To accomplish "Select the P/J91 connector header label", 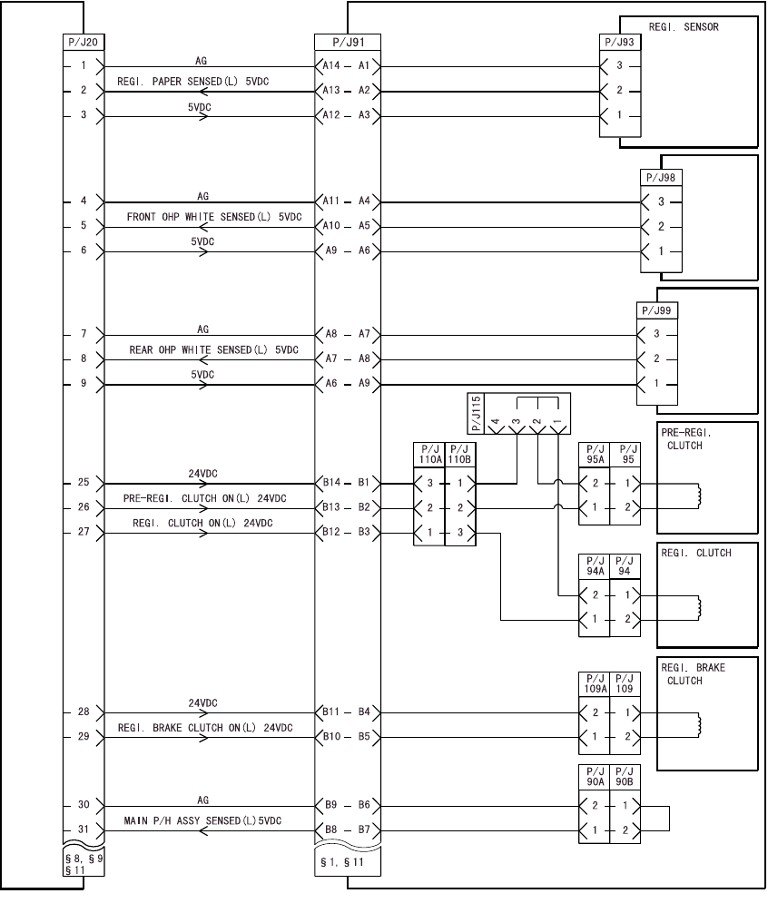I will pyautogui.click(x=347, y=42).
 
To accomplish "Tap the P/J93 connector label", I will pyautogui.click(x=620, y=42).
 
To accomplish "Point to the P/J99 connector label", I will pyautogui.click(x=657, y=310).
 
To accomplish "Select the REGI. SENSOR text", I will pyautogui.click(x=684, y=27).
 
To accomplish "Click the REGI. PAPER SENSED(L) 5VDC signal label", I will pyautogui.click(x=199, y=82).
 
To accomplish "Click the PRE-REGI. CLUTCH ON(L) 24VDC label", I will pyautogui.click(x=204, y=499).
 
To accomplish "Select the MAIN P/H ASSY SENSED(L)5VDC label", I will pyautogui.click(x=202, y=820).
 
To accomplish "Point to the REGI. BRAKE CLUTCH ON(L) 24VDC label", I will pyautogui.click(x=205, y=728).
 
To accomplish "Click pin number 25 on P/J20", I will pyautogui.click(x=83, y=484).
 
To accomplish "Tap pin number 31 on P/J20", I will pyautogui.click(x=83, y=830).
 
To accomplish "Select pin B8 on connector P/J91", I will pyautogui.click(x=332, y=830).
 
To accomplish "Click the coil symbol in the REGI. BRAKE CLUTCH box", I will pyautogui.click(x=699, y=724).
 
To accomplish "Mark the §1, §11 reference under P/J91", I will pyautogui.click(x=341, y=861).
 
